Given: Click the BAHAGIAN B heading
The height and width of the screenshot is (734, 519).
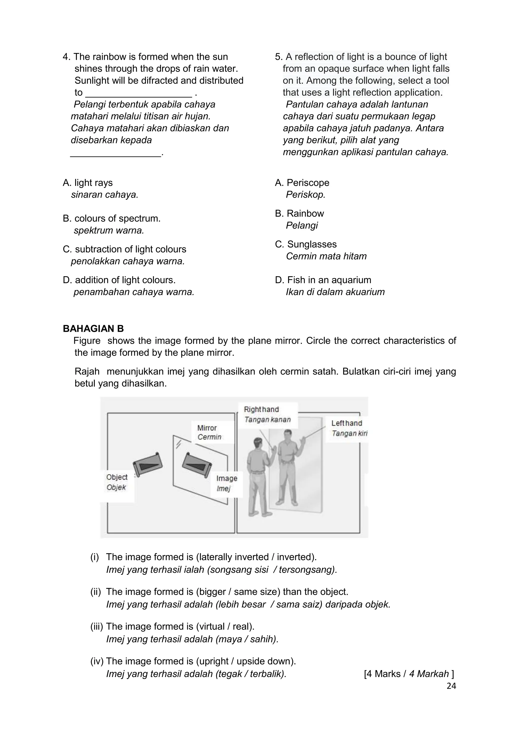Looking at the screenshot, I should tap(93, 329).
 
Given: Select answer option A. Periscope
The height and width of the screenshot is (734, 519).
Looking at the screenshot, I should tap(302, 183).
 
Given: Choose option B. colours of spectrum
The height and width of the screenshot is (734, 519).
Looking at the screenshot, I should tap(112, 219).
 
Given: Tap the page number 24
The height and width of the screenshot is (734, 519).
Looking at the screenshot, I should tap(451, 686).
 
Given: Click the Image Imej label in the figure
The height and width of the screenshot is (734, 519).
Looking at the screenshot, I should tap(226, 483).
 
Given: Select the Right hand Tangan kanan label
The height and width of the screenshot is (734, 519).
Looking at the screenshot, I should tap(267, 414).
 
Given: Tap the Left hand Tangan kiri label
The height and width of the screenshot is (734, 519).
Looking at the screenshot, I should tap(348, 428).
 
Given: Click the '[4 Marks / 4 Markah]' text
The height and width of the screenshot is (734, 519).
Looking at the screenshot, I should tap(409, 674).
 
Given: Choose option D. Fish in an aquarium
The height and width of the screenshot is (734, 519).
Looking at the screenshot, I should tap(323, 280).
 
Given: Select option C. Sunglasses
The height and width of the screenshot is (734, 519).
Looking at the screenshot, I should tap(306, 244).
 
